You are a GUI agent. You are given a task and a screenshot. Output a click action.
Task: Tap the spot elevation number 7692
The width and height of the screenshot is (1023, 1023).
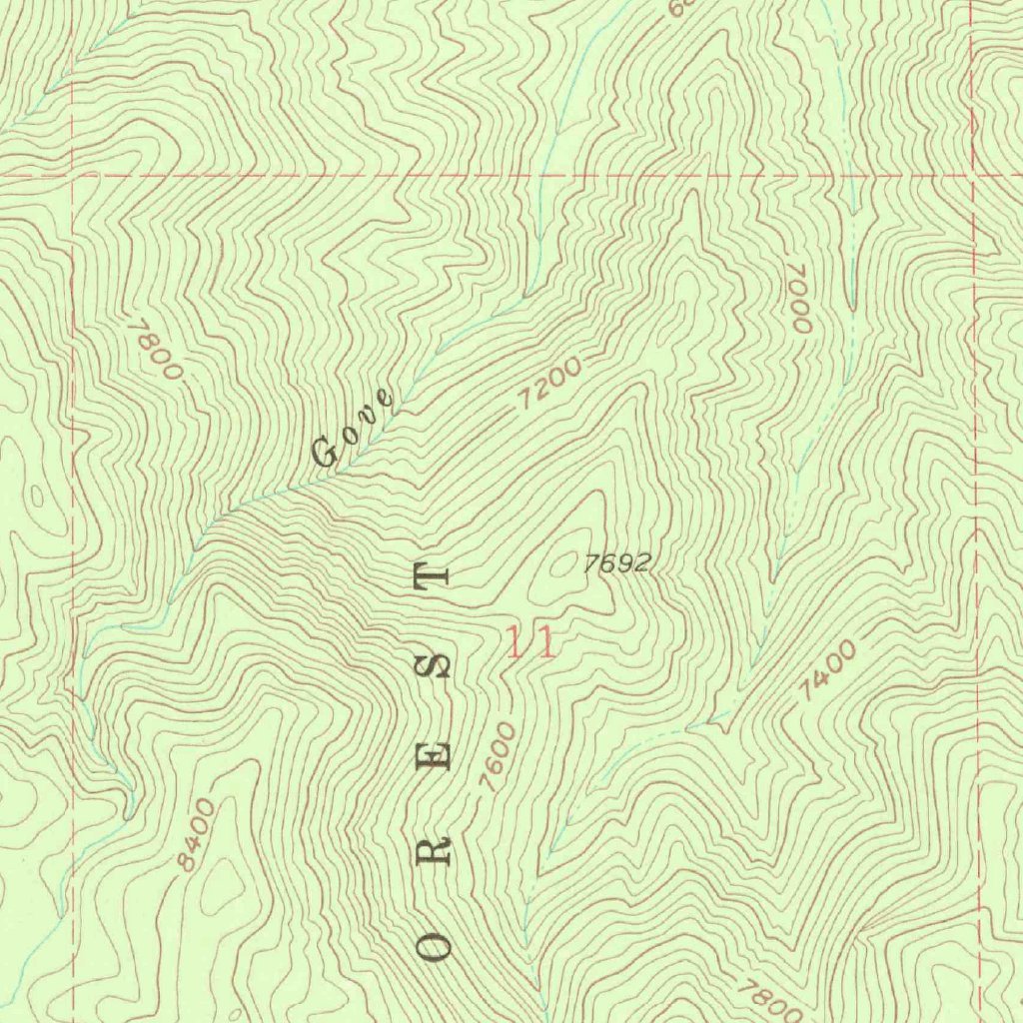click(616, 564)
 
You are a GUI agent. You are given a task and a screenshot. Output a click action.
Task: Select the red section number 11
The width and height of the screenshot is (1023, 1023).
click(530, 642)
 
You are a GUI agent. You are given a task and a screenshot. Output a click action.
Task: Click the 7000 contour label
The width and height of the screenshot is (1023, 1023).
click(798, 299)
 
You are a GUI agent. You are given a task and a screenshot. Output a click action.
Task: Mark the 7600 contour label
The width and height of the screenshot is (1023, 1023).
click(498, 757)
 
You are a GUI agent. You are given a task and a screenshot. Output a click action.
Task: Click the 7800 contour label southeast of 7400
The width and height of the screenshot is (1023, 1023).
click(769, 999)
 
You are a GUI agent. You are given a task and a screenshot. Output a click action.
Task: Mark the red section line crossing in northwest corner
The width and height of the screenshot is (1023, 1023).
click(73, 175)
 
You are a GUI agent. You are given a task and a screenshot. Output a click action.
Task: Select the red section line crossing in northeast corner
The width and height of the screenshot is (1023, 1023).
click(972, 175)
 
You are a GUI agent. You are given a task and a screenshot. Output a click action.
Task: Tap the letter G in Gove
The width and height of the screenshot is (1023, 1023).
click(326, 455)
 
